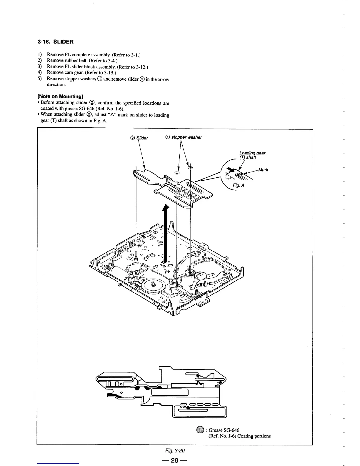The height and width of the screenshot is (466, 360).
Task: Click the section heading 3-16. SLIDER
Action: click(x=53, y=42)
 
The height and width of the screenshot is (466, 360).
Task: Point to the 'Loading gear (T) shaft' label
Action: click(x=252, y=155)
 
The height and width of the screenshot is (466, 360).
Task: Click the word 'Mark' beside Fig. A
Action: click(x=263, y=170)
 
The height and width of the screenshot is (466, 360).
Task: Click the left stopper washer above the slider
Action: click(x=177, y=173)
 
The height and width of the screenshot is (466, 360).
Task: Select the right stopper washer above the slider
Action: click(x=190, y=168)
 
